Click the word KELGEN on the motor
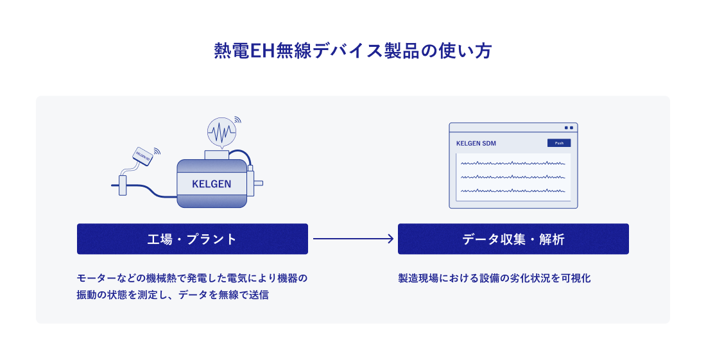pos(211,184)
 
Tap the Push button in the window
pos(558,143)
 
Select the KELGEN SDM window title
pos(476,143)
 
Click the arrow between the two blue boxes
pos(353,239)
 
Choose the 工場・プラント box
pos(193,239)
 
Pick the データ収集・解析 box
pos(513,239)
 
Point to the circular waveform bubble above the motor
pos(221,133)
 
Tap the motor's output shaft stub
pos(258,184)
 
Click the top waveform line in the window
pos(513,164)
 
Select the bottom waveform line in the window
pos(513,191)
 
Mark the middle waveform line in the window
pos(513,177)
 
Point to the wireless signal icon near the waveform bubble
pos(237,120)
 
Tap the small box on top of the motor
pos(215,154)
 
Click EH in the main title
pos(257,52)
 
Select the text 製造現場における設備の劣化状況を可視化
pos(494,279)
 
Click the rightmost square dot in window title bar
pos(571,128)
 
